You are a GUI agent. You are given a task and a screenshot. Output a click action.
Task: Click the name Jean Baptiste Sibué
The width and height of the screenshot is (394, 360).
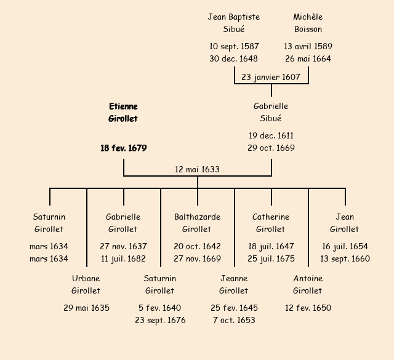[233, 23]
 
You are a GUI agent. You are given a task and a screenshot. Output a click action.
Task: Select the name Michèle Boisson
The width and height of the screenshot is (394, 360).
[308, 23]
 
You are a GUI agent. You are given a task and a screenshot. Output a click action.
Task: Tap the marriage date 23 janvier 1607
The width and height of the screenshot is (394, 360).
[271, 78]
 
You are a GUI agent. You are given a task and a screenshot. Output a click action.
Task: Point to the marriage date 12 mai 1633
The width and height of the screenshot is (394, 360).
[197, 169]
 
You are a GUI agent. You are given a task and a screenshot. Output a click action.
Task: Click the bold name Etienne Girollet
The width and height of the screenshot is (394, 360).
[123, 113]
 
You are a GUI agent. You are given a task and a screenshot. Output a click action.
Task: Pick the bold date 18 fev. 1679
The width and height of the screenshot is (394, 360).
[123, 148]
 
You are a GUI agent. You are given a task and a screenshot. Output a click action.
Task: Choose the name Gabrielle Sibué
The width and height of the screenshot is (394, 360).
[271, 113]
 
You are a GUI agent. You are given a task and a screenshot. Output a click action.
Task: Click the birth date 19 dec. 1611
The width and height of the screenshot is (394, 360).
[271, 135]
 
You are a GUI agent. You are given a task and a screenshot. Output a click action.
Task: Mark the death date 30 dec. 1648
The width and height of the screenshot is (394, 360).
[233, 59]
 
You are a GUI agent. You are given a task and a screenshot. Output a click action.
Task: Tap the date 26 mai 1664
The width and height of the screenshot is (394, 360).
[308, 59]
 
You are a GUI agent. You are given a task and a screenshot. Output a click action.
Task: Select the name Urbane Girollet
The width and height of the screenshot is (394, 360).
[86, 284]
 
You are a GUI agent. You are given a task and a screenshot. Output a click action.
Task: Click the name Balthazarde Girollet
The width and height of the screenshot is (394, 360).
[197, 223]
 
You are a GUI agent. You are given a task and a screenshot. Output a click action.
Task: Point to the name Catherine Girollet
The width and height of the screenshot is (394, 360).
[271, 223]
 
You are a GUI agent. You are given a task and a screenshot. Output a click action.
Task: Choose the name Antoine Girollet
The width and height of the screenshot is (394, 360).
[308, 284]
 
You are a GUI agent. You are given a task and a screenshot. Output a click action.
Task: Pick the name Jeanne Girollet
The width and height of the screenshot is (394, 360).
[234, 284]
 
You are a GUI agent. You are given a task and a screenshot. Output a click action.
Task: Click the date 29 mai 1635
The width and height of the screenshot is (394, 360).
[86, 308]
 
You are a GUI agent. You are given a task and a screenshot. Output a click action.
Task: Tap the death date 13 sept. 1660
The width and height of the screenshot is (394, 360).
[345, 258]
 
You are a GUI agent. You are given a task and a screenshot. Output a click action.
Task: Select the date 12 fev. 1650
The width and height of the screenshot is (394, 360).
[308, 308]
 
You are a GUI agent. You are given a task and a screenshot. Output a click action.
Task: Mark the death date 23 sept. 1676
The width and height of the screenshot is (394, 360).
[160, 320]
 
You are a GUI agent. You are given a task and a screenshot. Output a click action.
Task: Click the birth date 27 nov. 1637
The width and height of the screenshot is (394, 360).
[123, 246]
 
